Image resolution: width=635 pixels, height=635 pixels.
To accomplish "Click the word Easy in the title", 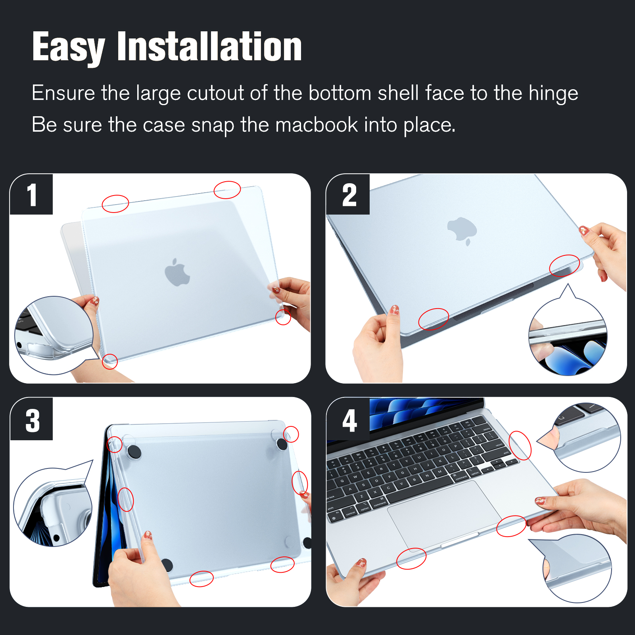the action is [69, 48].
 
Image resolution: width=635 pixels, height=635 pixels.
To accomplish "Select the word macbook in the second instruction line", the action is [317, 125].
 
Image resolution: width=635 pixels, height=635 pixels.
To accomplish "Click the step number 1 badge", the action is [31, 194].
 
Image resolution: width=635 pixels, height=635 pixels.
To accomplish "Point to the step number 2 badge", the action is [348, 194].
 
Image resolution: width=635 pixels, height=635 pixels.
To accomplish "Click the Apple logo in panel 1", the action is [177, 272].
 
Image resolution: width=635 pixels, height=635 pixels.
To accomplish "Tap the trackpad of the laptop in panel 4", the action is [444, 514].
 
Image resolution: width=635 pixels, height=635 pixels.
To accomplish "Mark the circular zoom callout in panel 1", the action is [54, 335].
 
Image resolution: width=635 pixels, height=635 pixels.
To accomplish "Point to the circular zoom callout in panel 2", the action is [568, 335].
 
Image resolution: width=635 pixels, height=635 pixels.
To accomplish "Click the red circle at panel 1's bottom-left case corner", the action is [110, 361].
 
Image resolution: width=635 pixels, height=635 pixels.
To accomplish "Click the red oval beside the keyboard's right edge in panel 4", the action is [520, 445].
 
